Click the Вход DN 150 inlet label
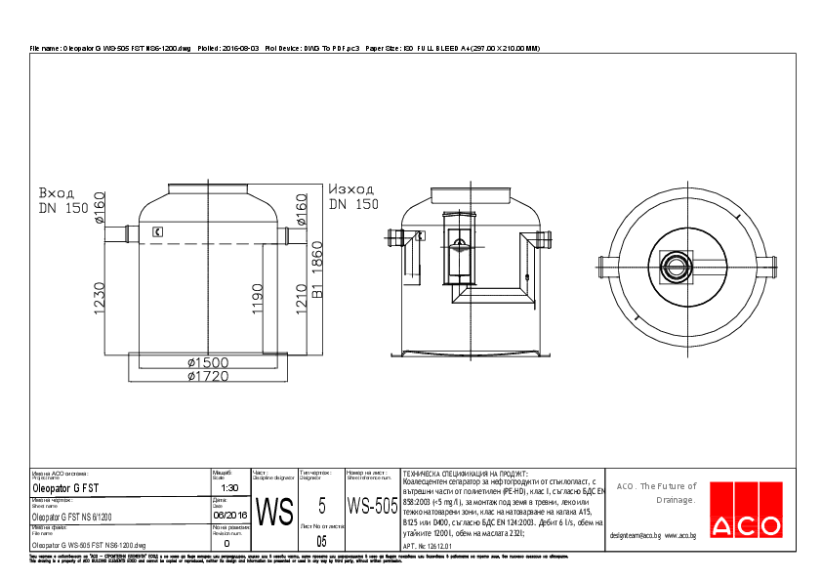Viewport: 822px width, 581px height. (x=62, y=199)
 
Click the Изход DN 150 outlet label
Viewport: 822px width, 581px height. (x=352, y=196)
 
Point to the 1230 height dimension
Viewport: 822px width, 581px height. (x=100, y=299)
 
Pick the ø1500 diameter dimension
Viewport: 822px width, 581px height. (x=208, y=362)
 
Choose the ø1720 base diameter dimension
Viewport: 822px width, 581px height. (x=208, y=375)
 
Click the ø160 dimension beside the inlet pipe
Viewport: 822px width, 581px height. (x=100, y=207)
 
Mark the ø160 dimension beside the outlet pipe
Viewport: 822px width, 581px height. (x=302, y=207)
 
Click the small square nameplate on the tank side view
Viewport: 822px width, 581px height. (x=157, y=231)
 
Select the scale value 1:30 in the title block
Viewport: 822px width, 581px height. (x=229, y=487)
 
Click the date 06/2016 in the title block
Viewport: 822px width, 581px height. (x=229, y=516)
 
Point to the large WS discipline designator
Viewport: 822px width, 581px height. (x=273, y=513)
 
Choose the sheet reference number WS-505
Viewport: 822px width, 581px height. (x=372, y=506)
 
